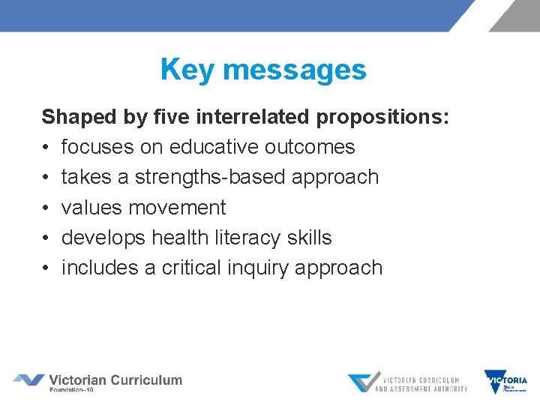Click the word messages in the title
click(x=294, y=70)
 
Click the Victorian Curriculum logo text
click(x=115, y=380)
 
